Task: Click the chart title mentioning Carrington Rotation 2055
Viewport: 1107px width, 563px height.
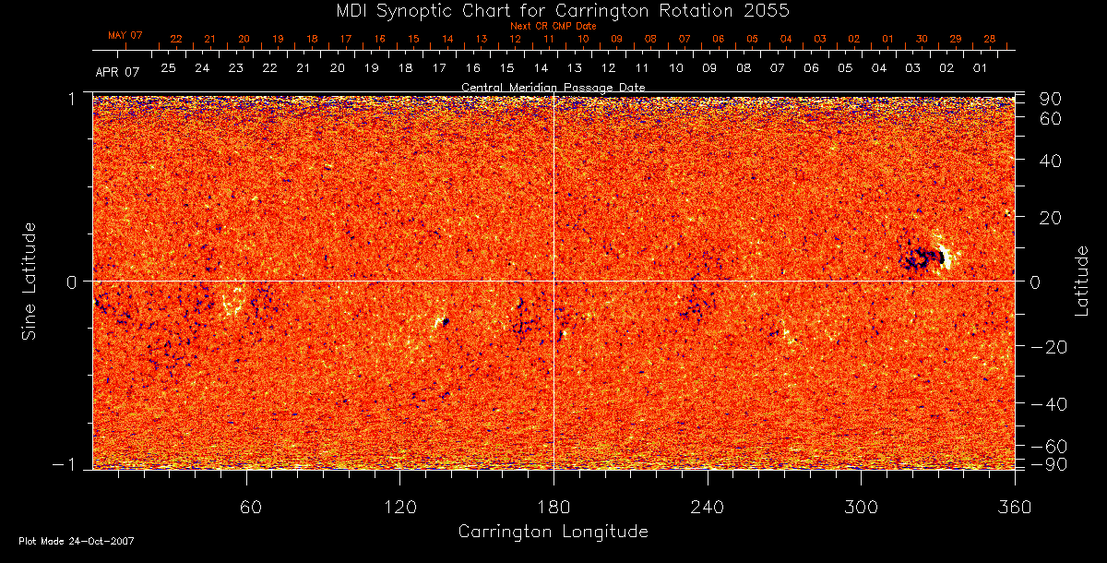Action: (553, 10)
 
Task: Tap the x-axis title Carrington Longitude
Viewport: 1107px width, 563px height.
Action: (553, 532)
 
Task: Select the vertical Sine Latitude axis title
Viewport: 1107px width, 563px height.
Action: (30, 280)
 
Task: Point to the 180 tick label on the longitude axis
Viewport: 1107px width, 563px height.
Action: (553, 507)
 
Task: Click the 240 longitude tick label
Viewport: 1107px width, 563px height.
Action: (708, 507)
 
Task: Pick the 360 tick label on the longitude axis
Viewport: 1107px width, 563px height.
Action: (1015, 507)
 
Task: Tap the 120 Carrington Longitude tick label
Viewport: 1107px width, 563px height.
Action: (399, 507)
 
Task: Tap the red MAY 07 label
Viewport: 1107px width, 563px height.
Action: (125, 35)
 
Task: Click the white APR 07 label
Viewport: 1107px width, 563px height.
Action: (117, 71)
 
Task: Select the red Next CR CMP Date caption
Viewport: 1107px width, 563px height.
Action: (553, 26)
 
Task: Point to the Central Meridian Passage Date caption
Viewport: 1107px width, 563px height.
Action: (553, 87)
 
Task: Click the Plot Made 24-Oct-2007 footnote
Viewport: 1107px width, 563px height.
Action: (77, 541)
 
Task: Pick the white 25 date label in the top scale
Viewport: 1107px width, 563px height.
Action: (168, 68)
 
